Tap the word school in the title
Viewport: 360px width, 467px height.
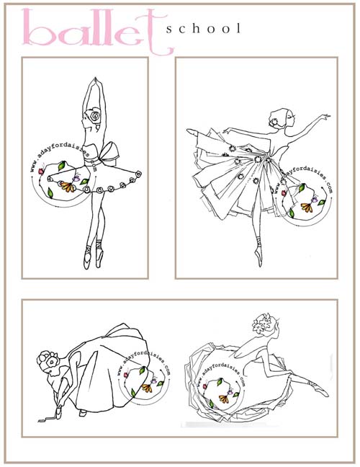[203, 29]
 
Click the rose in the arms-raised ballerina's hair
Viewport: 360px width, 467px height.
[94, 116]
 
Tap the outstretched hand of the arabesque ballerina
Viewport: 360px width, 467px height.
[325, 117]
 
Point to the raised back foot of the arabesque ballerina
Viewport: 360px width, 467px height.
[193, 132]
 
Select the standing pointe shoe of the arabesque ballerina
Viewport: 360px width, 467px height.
[259, 257]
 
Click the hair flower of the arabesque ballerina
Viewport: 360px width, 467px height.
[273, 122]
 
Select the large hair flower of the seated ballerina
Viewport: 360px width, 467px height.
[263, 323]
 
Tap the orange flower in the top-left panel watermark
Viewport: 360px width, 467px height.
[68, 187]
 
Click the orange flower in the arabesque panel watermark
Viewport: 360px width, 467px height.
[307, 207]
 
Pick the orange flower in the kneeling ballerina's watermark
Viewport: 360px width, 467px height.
[147, 388]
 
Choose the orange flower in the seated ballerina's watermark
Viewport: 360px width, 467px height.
[225, 399]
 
